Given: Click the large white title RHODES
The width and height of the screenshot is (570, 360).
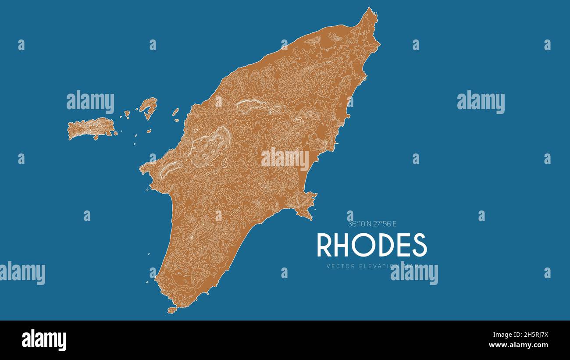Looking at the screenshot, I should (x=371, y=245).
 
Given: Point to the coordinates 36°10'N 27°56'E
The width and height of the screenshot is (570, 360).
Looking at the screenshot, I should (x=372, y=224).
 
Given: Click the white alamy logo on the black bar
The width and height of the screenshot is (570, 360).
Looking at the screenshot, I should (x=44, y=340).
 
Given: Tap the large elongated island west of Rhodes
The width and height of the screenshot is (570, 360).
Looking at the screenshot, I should (x=90, y=128).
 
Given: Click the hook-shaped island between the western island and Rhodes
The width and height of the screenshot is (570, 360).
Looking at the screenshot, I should (x=149, y=107).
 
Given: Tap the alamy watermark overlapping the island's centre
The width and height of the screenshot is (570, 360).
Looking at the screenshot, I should (x=285, y=159).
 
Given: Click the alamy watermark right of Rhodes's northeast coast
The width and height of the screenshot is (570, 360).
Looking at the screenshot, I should (x=481, y=102).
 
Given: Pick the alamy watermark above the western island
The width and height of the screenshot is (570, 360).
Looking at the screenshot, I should (x=90, y=102).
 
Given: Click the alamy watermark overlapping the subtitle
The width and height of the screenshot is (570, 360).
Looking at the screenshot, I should (x=414, y=273).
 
